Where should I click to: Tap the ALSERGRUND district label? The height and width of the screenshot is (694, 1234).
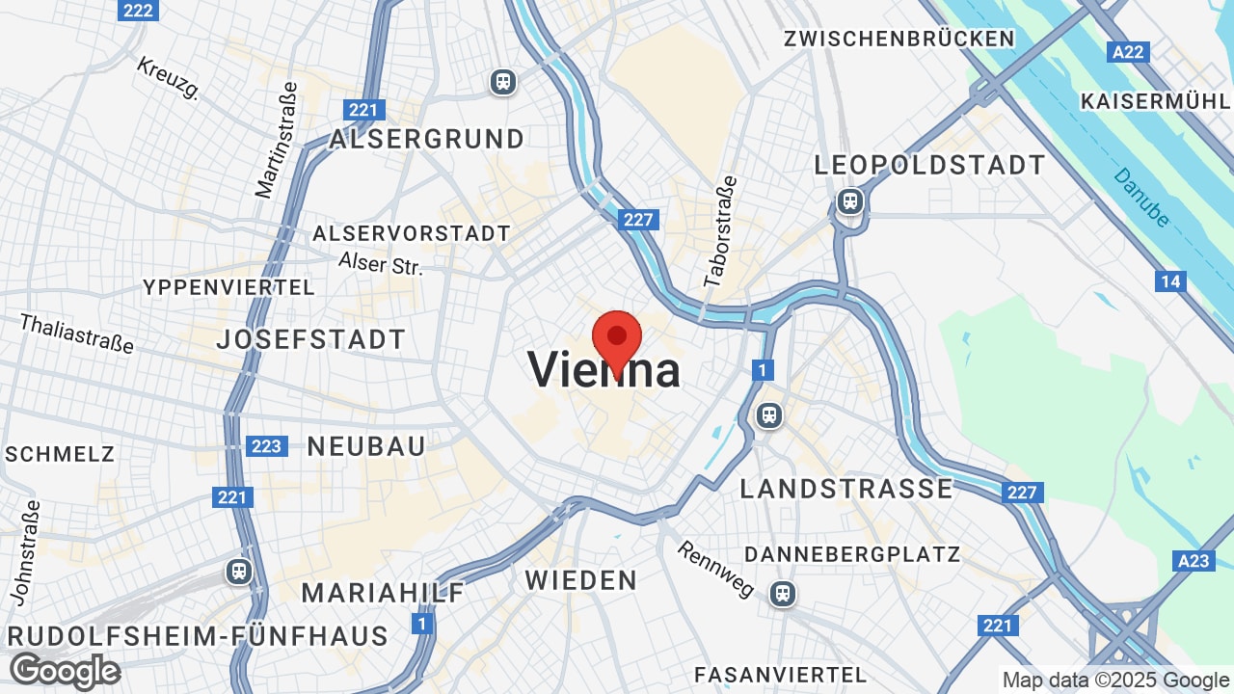pyautogui.click(x=427, y=139)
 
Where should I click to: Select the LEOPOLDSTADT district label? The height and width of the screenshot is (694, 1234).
pyautogui.click(x=929, y=165)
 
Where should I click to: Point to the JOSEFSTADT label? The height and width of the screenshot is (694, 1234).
pyautogui.click(x=310, y=339)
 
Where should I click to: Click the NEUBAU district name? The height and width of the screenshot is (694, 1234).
pyautogui.click(x=366, y=446)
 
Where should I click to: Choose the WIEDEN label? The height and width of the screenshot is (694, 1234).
pyautogui.click(x=581, y=580)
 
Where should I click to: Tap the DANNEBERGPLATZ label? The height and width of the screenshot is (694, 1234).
pyautogui.click(x=852, y=554)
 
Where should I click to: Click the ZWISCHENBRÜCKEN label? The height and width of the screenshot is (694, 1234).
pyautogui.click(x=899, y=39)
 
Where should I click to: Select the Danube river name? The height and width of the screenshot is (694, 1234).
pyautogui.click(x=1141, y=198)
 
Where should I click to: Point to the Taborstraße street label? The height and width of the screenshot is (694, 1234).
pyautogui.click(x=720, y=231)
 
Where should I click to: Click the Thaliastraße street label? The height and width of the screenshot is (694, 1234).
pyautogui.click(x=76, y=333)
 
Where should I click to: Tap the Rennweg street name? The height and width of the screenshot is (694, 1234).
pyautogui.click(x=715, y=568)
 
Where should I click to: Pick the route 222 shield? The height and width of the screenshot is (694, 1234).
pyautogui.click(x=139, y=10)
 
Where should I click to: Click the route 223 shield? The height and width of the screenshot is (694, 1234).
pyautogui.click(x=266, y=446)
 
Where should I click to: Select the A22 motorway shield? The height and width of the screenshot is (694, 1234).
pyautogui.click(x=1129, y=52)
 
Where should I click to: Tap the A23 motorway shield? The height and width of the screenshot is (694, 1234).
pyautogui.click(x=1194, y=561)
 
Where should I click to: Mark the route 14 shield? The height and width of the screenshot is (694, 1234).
pyautogui.click(x=1170, y=281)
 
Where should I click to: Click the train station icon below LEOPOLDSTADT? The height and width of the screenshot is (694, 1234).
pyautogui.click(x=849, y=201)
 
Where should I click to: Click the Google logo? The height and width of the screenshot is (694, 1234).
pyautogui.click(x=65, y=671)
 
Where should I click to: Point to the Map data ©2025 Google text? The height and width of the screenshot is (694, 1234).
pyautogui.click(x=1115, y=680)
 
